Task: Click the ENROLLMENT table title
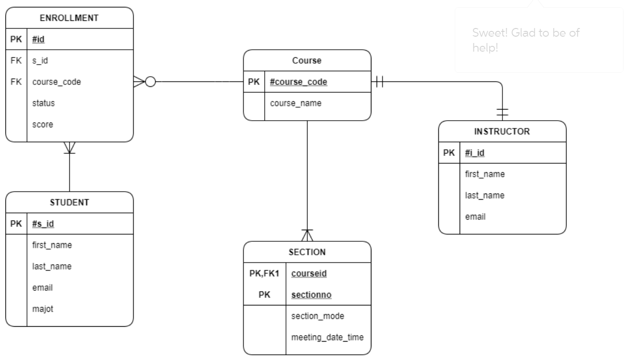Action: [69, 18]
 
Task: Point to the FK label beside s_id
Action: [16, 60]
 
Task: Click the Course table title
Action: [307, 60]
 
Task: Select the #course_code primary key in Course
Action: [299, 82]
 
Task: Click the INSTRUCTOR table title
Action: [502, 132]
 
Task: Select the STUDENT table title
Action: [69, 203]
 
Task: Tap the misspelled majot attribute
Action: [42, 309]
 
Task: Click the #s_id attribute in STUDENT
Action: [42, 224]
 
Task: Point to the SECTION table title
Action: [307, 252]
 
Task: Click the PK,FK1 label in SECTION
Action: [264, 274]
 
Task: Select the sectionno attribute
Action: [311, 295]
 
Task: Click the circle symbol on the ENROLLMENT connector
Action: [150, 82]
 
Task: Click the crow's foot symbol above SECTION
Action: [307, 235]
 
